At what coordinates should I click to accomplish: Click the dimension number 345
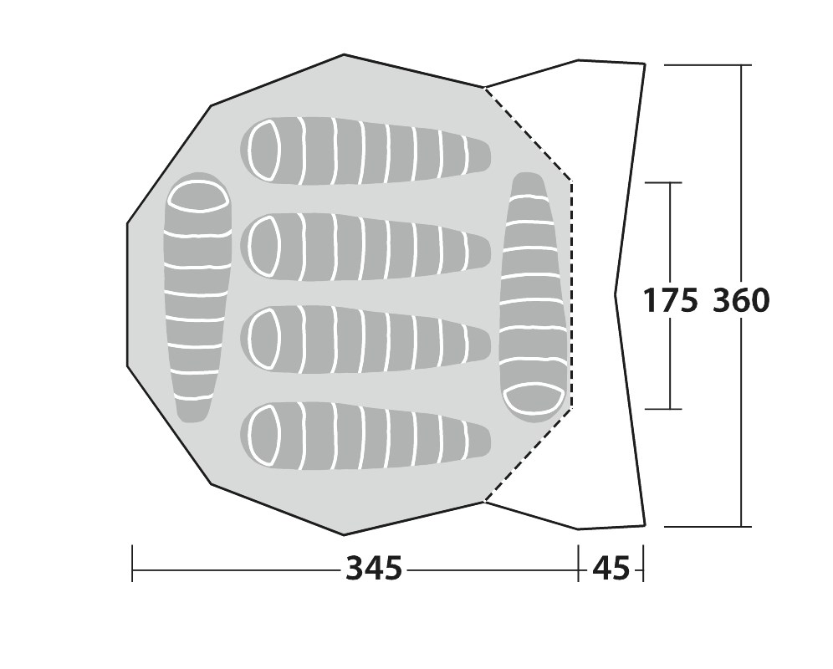coord(374,569)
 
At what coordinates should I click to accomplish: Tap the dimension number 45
coord(611,569)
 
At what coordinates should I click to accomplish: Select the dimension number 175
coord(671,300)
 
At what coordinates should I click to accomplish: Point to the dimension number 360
coord(740,300)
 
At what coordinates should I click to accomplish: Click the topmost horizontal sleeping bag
coord(365,151)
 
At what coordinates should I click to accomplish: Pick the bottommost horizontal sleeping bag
coord(365,437)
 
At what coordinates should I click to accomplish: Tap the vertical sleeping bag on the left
coord(199,298)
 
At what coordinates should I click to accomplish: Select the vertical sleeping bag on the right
coord(534,298)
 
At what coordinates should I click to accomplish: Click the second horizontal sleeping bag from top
coord(365,247)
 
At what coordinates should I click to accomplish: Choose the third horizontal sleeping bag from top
coord(365,340)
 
